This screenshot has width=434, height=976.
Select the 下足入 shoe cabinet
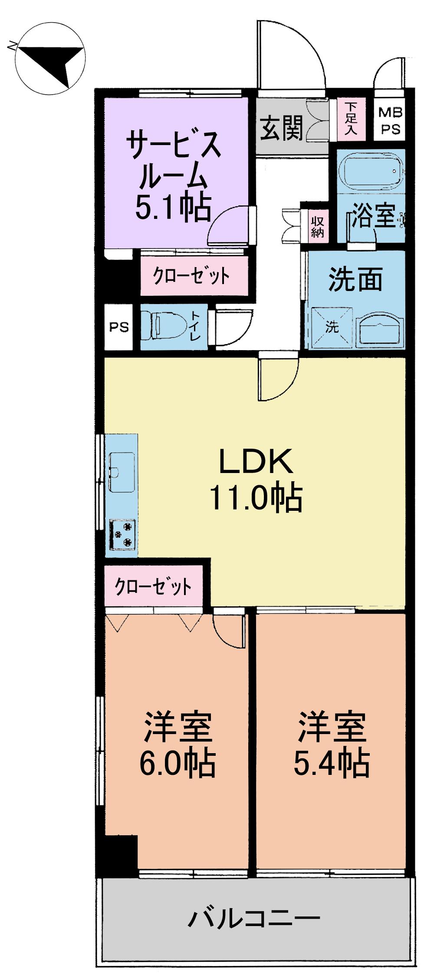351,119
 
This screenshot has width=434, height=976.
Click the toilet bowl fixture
167,327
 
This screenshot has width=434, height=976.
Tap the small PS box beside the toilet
118,327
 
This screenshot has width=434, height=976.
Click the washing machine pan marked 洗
331,327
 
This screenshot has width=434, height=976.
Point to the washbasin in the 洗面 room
380,330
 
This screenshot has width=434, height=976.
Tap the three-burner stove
123,535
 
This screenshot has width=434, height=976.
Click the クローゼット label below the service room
191,275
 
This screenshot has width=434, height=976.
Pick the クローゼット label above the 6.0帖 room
153,586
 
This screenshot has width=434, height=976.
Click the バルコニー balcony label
254,918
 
